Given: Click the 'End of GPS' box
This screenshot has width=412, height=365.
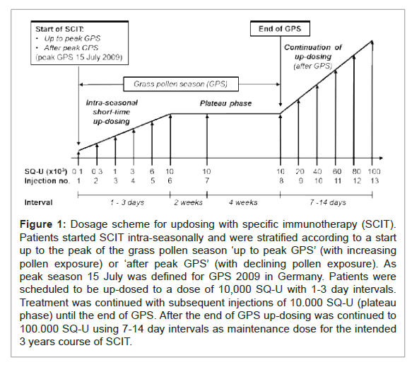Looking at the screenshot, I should [281, 30].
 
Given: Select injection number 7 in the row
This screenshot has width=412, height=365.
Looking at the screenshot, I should [206, 181].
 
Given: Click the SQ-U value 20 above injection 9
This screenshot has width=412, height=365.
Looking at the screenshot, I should [299, 171].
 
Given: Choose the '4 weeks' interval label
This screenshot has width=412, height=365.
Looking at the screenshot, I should [242, 203].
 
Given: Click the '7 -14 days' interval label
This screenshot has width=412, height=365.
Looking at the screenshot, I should [326, 203].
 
